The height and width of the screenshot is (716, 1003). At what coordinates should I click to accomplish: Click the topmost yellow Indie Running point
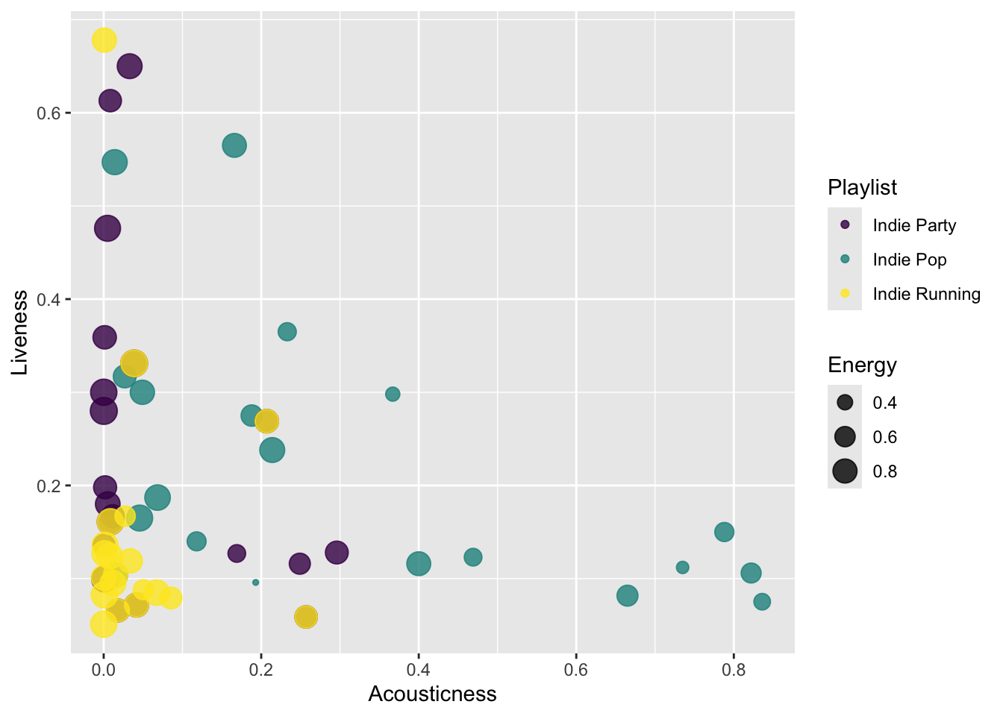[104, 40]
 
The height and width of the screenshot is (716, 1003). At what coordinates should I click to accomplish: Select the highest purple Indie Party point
[130, 66]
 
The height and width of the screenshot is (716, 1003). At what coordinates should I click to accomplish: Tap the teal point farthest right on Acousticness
[762, 602]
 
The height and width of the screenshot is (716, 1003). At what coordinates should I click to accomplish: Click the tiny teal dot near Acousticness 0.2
[256, 582]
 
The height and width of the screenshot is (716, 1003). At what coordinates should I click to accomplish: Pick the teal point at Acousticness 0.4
[419, 564]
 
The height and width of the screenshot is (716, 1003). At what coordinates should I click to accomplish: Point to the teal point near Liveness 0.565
[234, 145]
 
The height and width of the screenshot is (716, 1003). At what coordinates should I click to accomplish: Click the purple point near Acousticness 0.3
[337, 553]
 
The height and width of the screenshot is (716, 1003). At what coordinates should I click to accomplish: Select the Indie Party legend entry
[914, 225]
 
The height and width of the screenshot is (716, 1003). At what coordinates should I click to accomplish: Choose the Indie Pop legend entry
[909, 260]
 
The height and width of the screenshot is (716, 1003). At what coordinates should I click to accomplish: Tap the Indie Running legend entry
[926, 294]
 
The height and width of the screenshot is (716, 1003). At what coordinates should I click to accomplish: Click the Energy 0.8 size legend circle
[845, 471]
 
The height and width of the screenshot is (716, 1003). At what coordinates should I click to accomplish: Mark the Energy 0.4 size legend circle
[845, 403]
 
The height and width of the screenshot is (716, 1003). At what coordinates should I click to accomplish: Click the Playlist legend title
[862, 188]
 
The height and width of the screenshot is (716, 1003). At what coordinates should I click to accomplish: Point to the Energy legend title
[862, 365]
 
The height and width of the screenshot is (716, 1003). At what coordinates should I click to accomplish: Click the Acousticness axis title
[432, 694]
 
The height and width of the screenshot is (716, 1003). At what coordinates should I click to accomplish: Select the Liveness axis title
[20, 332]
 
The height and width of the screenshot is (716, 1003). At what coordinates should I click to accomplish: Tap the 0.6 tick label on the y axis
[48, 113]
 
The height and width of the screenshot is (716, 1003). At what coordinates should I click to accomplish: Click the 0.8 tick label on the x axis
[734, 670]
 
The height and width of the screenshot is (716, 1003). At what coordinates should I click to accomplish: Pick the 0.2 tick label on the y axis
[48, 486]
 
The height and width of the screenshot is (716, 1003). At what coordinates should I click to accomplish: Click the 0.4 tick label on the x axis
[419, 670]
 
